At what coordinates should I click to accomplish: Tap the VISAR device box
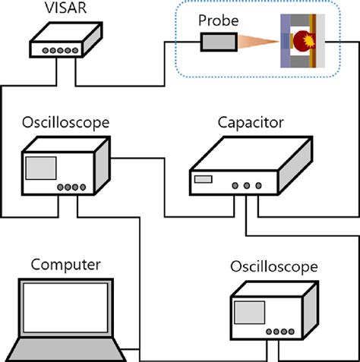[x=65, y=41]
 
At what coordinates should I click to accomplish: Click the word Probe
[x=218, y=17]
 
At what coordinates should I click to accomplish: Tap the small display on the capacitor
[x=203, y=180]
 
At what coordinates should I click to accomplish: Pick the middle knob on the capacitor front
[x=245, y=184]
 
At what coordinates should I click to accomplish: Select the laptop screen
[x=66, y=311]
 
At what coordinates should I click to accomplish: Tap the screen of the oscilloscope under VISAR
[x=41, y=168]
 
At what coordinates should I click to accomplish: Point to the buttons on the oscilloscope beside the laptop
[x=280, y=330]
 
